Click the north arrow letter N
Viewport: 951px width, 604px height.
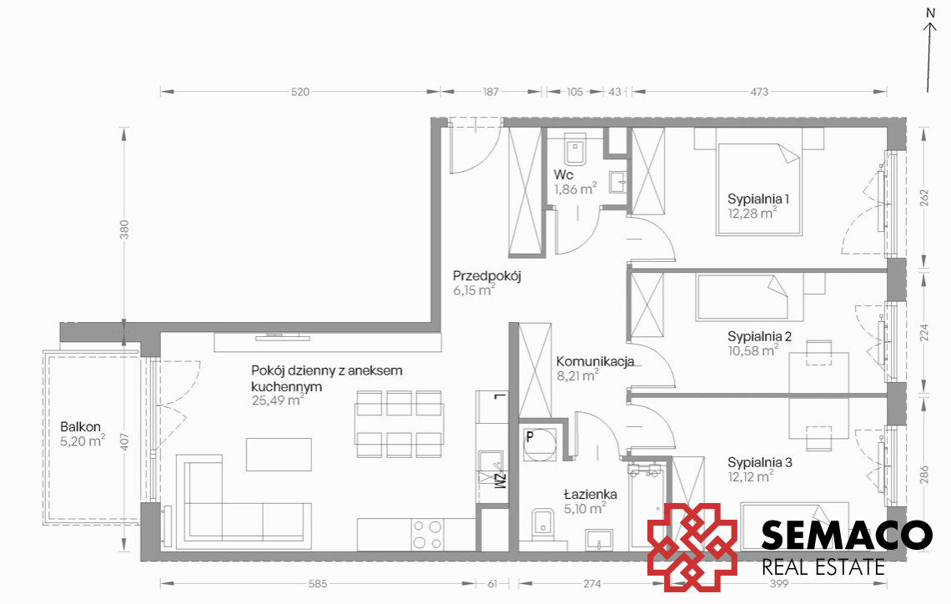coord(930,13)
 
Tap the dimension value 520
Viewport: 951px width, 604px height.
coord(299,92)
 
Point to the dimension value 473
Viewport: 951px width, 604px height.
coord(759,92)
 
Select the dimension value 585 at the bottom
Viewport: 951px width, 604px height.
coord(317,584)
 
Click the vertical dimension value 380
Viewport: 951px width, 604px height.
coord(124,229)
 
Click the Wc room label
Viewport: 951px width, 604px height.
coord(563,175)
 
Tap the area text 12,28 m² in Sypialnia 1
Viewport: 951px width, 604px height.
coord(752,213)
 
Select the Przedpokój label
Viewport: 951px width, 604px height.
coord(487,276)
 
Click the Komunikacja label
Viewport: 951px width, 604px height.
coord(596,361)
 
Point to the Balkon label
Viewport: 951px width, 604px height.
coord(80,427)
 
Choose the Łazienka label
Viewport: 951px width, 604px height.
coord(590,494)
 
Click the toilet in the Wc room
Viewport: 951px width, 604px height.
coord(576,149)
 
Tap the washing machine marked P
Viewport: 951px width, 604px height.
coord(539,445)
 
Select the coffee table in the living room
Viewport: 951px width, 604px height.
coord(279,455)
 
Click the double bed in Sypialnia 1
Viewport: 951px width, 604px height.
coord(759,189)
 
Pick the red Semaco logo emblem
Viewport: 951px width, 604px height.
coord(692,547)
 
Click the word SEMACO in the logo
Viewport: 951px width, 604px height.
coord(847,535)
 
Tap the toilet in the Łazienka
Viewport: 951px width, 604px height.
coord(543,525)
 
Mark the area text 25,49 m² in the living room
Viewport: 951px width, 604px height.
coord(278,400)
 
